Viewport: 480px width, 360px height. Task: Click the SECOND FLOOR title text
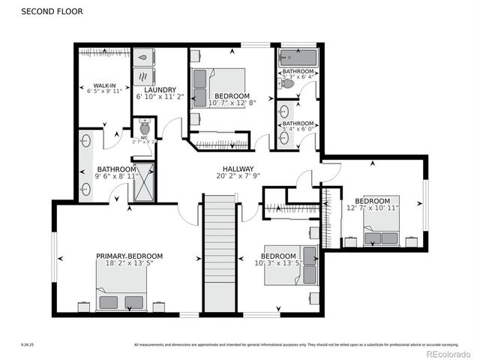[x=52, y=12]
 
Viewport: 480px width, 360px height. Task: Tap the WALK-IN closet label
[x=103, y=85]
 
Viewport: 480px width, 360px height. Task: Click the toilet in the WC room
[x=145, y=126]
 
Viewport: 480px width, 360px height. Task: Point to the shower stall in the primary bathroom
[x=143, y=182]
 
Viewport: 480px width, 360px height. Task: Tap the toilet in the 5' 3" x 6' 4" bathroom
[x=287, y=83]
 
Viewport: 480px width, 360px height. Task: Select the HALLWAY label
[x=238, y=169]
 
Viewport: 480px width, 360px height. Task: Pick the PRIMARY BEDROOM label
[x=129, y=256]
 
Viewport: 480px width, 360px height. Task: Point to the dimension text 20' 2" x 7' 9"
[x=238, y=177]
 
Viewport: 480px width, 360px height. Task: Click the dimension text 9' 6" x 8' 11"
[x=115, y=177]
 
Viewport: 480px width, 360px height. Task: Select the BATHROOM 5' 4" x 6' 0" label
[x=297, y=126]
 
